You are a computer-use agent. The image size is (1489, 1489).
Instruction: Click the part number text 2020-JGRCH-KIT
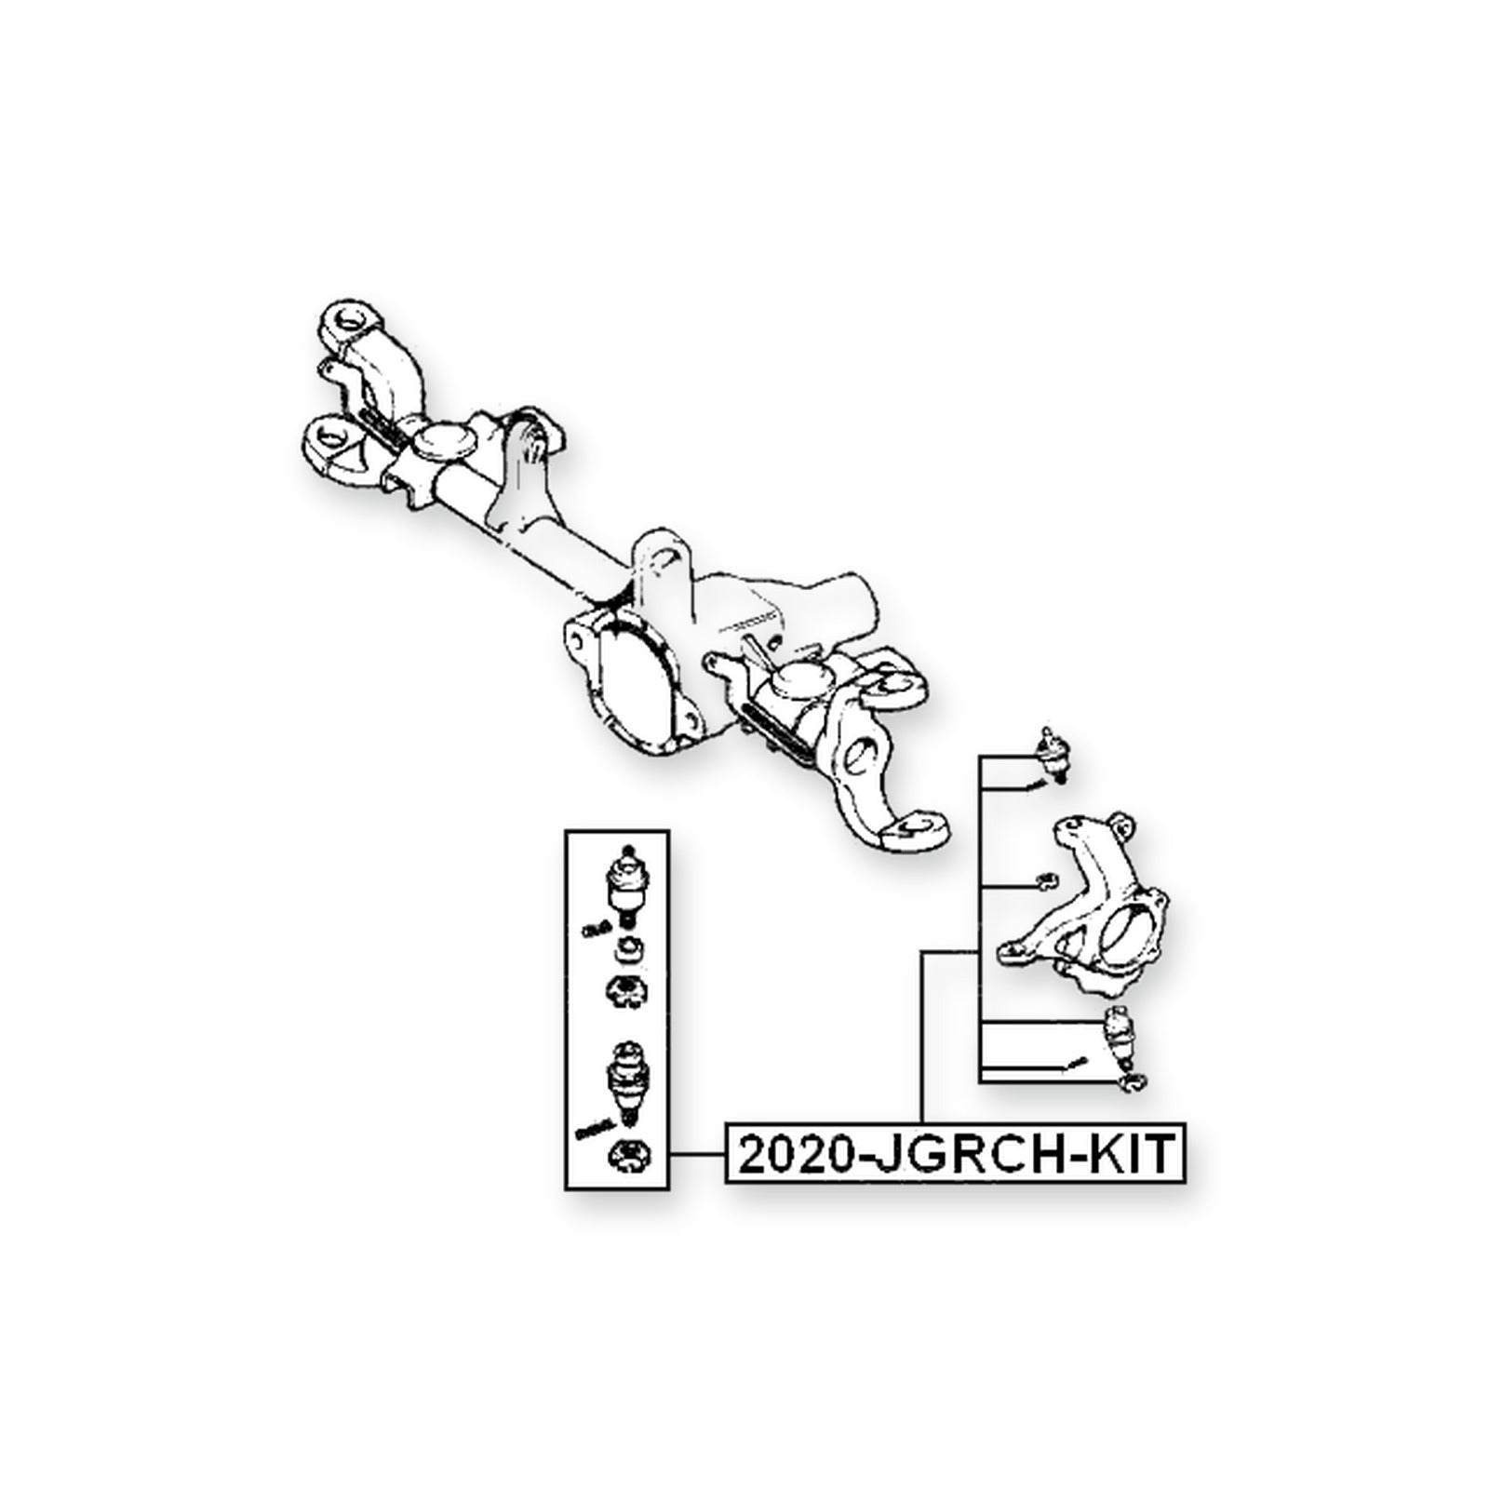(956, 1155)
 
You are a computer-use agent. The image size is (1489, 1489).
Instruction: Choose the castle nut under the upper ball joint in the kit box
(628, 992)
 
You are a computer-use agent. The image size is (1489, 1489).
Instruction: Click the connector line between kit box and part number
(697, 1155)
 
